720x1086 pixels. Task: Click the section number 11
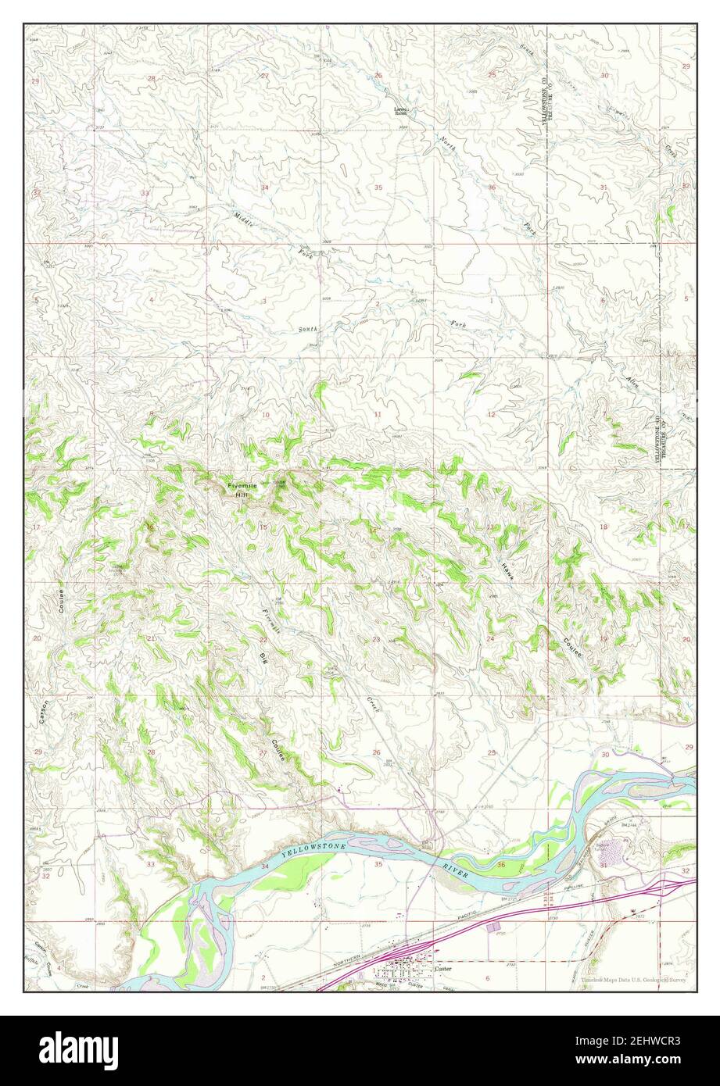coord(378,415)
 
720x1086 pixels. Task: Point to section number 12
coord(492,414)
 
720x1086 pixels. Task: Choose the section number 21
coord(151,639)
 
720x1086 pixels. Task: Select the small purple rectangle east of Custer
coord(493,927)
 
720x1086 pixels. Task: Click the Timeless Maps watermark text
coord(635,980)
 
